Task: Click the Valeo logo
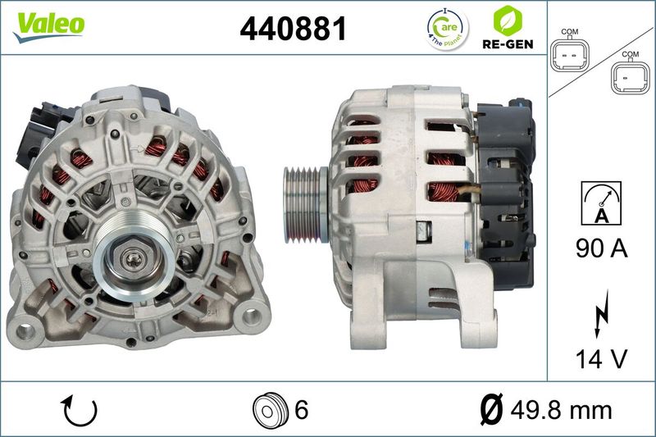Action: [x=48, y=26]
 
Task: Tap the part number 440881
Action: [x=294, y=29]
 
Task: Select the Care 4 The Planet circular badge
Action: [x=447, y=30]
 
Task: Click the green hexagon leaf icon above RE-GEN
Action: [x=508, y=21]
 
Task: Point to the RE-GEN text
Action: [x=508, y=44]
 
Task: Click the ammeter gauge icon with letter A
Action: [x=601, y=203]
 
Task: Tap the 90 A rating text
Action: [x=602, y=248]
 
